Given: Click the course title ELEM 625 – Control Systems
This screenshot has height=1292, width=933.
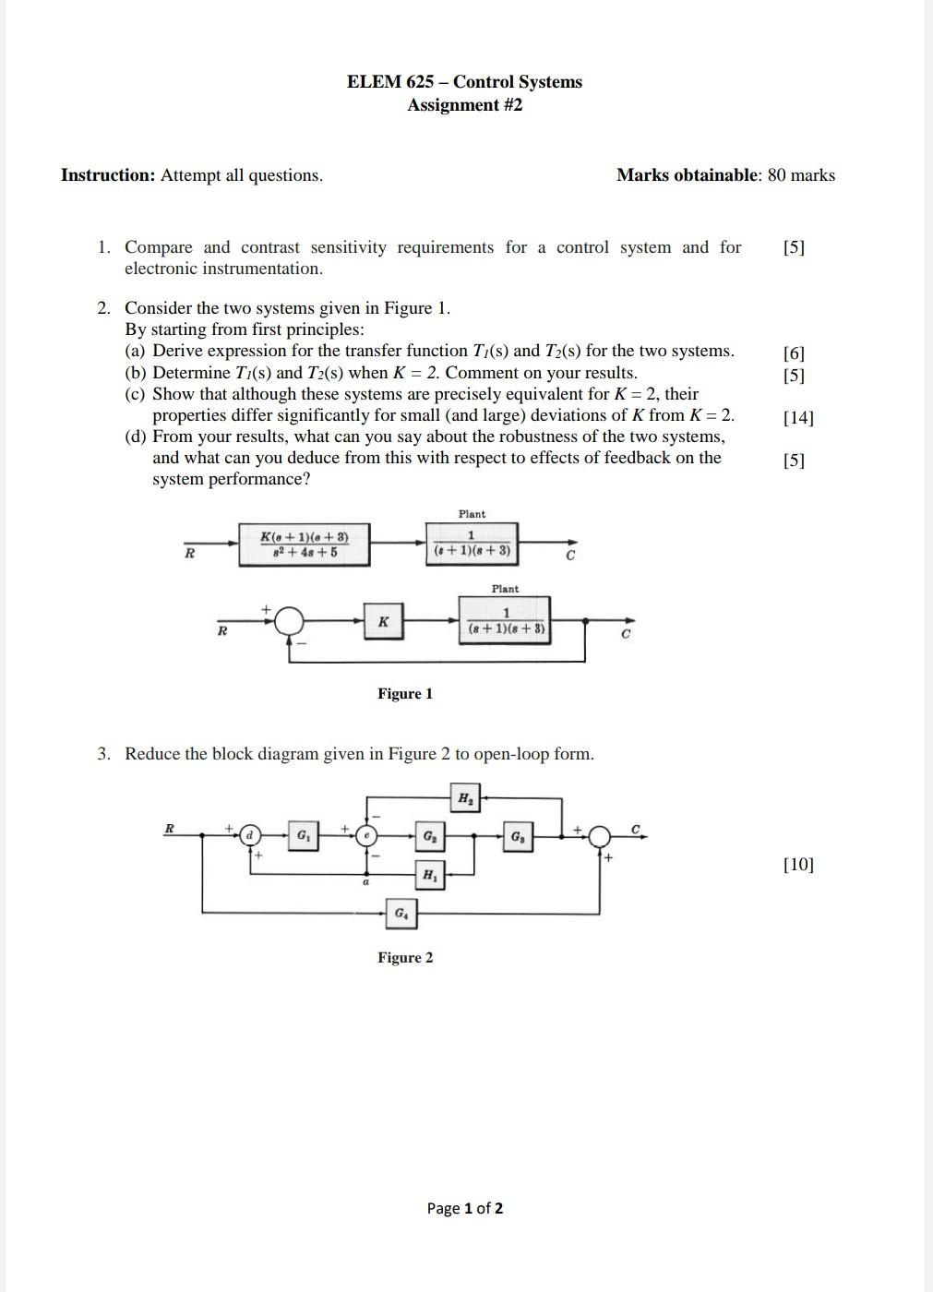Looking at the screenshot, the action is point(464,81).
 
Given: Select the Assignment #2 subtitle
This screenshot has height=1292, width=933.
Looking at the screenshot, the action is point(464,104).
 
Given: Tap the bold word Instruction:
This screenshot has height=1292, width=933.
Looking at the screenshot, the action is point(108,175).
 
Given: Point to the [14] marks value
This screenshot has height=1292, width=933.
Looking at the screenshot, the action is point(798,417).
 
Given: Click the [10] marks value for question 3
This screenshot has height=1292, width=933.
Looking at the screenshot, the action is point(798,865).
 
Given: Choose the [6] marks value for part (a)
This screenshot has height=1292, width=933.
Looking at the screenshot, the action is point(794,353).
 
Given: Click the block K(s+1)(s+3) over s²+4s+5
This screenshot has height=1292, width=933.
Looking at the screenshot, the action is point(305,544).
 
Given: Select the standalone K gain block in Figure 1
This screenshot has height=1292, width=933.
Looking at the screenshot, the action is point(383,621).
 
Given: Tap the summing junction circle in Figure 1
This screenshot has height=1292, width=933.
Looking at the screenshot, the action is point(290,620).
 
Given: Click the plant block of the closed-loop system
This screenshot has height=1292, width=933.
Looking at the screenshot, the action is point(506,621).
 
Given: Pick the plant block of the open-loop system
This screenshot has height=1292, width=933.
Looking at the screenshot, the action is point(472,544).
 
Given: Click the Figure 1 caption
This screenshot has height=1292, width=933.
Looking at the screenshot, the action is point(404,694).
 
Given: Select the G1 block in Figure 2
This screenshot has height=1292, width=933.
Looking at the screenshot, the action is point(303,836).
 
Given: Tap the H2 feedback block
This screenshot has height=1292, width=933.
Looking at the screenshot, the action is point(465,798).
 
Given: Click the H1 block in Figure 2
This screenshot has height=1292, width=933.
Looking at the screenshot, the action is point(430,874).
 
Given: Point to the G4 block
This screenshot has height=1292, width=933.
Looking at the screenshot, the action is point(401,914).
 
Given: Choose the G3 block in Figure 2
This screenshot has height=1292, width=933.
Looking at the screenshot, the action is point(518,836).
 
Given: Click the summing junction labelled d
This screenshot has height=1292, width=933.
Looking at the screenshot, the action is point(248,836).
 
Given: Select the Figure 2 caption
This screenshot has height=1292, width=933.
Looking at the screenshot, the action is point(404,958).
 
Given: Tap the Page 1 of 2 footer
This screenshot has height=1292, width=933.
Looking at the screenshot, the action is point(465,1208).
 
